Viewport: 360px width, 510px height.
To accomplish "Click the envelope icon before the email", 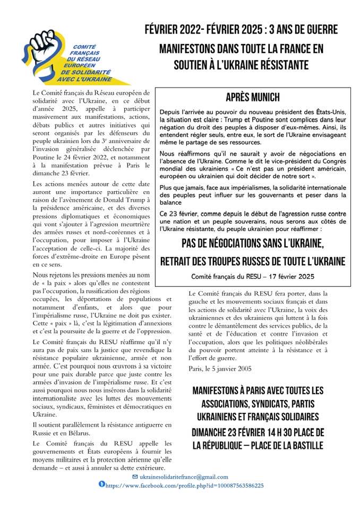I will tap(135, 477).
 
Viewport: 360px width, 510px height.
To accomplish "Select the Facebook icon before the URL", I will tap(102, 484).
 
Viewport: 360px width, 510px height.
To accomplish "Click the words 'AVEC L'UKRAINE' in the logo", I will tap(86, 79).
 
